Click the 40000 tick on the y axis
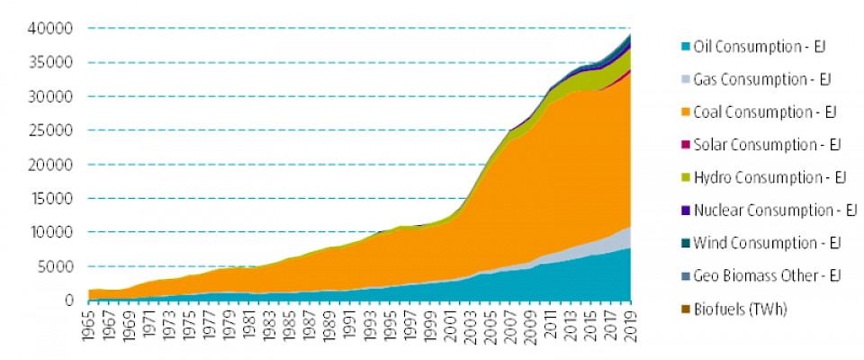tap(52, 29)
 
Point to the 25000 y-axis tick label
tap(52, 130)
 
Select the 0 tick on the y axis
tap(68, 301)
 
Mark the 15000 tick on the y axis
tap(52, 199)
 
